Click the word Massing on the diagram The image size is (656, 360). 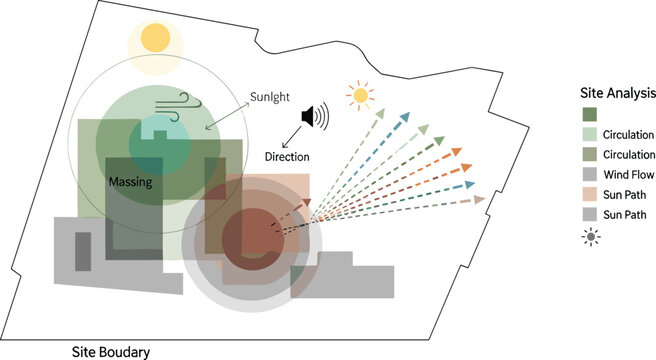pos(131,182)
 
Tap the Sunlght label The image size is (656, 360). pos(270,97)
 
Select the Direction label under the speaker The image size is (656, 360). pos(287,157)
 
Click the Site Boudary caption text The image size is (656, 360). pos(111,352)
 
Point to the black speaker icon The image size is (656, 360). pos(315,115)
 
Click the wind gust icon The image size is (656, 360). pos(179,107)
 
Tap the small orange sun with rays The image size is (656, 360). pos(360,96)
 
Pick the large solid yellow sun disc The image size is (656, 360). pos(156,38)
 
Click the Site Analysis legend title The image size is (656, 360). pos(618,93)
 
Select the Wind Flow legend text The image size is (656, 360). pos(628,174)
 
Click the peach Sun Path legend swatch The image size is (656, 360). pos(590,194)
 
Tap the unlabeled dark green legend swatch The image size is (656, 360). pos(590,114)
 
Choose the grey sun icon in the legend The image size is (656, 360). pos(591,237)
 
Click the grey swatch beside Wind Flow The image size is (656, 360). pos(590,174)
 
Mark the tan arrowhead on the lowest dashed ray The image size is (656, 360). pos(479,200)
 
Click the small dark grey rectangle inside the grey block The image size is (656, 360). pos(83,252)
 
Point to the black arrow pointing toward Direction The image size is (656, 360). pos(292,137)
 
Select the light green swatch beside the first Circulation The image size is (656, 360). pos(590,134)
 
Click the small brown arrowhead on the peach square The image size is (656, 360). pos(307,202)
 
